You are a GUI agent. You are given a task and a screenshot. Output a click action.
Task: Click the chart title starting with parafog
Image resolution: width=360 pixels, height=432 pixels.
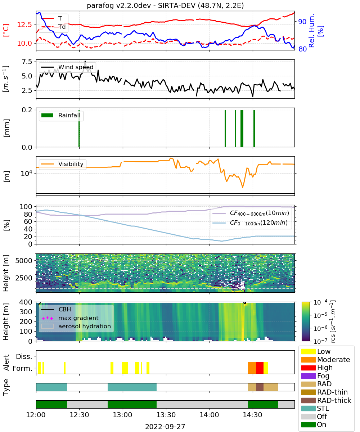(165, 6)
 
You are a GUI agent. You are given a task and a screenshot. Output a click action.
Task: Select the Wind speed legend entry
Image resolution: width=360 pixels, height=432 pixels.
(67, 67)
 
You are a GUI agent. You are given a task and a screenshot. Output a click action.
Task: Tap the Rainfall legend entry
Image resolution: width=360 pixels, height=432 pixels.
(61, 115)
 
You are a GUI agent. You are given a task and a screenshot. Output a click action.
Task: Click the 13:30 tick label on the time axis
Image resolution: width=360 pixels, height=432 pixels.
(166, 415)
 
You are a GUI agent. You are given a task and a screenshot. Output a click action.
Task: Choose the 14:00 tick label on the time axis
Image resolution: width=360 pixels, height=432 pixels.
(209, 415)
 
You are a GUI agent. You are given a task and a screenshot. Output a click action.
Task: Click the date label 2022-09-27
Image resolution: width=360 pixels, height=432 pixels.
(165, 427)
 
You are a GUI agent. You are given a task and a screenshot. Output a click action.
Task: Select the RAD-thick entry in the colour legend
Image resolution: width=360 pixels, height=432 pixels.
(326, 400)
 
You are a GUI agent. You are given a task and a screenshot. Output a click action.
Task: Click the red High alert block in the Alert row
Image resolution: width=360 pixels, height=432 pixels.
(260, 368)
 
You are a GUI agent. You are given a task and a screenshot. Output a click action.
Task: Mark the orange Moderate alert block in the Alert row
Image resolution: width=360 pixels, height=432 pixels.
(252, 368)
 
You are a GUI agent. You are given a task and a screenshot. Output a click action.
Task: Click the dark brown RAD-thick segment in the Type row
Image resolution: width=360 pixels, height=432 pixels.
(260, 387)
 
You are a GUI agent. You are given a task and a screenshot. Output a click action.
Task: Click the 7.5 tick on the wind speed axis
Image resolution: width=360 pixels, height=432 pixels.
(27, 62)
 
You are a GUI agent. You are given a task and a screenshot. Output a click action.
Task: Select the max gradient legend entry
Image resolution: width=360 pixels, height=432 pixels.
(70, 318)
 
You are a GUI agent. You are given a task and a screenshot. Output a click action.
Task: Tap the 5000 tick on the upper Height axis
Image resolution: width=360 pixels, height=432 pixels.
(23, 261)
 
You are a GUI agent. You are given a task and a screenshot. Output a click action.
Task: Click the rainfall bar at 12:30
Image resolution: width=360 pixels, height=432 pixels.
(79, 128)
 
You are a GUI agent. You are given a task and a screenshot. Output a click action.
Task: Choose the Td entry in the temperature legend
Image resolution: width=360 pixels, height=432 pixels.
(53, 27)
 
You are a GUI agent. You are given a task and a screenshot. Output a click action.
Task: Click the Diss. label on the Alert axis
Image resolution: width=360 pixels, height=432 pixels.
(24, 356)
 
